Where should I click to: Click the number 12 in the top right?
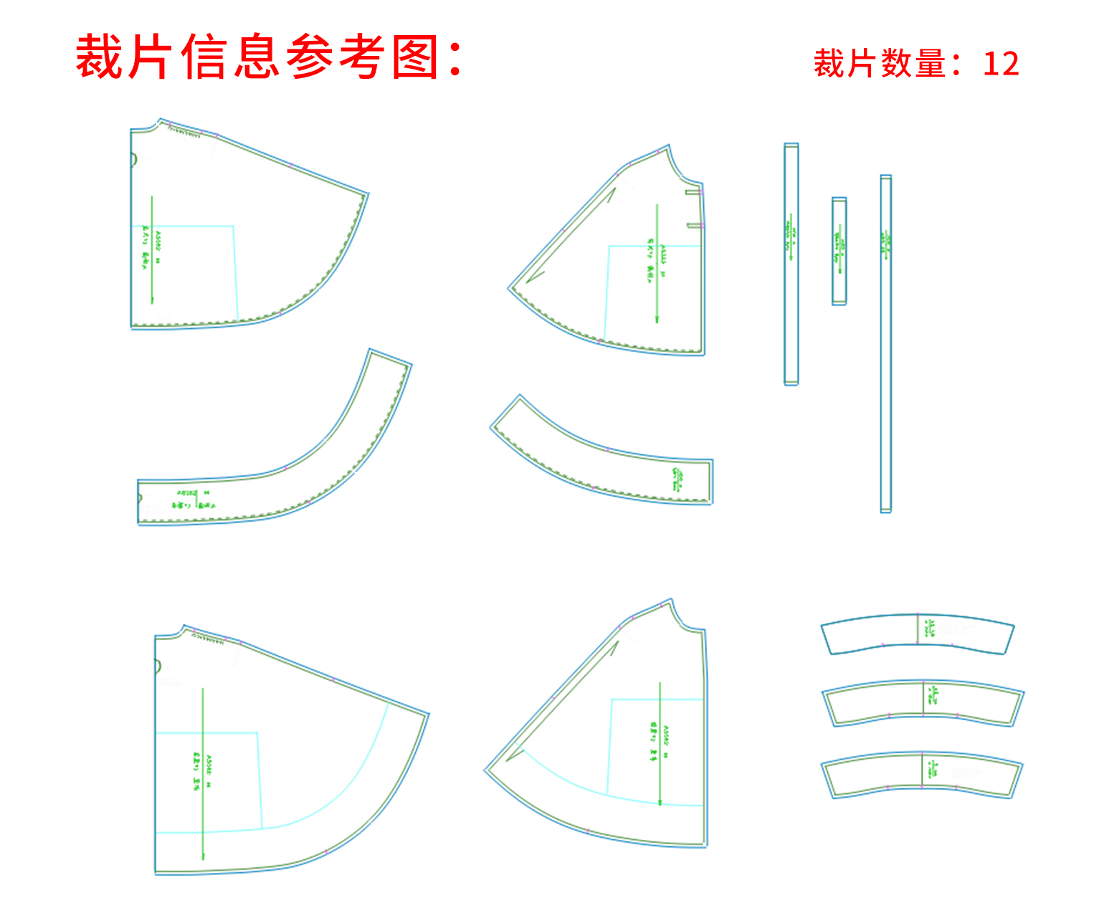point(1001,64)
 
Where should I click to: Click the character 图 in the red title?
point(415,57)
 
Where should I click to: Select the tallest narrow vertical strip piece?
point(885,344)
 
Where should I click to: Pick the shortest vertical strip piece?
point(839,251)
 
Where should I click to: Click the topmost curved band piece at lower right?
point(917,634)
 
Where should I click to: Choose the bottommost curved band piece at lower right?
point(922,775)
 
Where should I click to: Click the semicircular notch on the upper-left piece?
point(133,160)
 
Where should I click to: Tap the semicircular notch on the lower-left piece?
point(158,666)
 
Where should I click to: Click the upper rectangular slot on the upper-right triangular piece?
point(693,192)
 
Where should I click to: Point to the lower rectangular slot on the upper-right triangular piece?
point(694,226)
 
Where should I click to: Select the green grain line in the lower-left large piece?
point(203,774)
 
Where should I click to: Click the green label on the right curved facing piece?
point(678,479)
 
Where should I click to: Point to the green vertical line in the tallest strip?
point(885,244)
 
